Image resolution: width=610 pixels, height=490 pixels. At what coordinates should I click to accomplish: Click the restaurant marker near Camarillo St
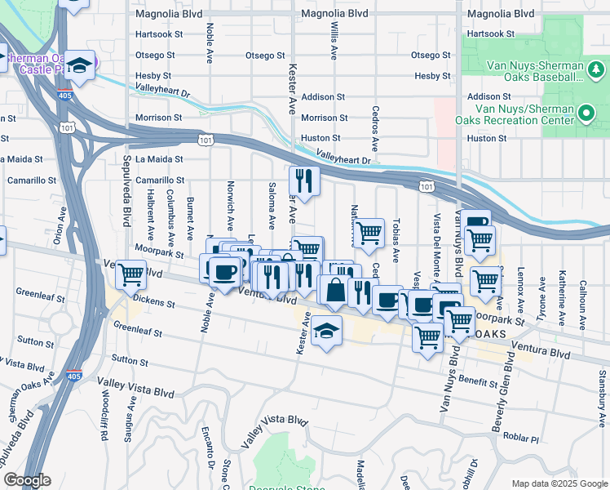click(303, 182)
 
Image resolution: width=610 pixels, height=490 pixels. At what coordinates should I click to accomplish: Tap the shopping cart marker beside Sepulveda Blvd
click(130, 275)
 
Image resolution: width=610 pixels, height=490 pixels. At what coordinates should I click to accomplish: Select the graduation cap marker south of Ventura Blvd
click(326, 331)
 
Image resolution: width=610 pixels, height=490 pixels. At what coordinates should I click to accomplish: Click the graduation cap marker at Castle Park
click(81, 65)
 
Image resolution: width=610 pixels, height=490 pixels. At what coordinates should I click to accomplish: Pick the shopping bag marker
click(335, 288)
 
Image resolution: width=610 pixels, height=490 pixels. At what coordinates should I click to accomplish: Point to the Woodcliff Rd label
click(104, 419)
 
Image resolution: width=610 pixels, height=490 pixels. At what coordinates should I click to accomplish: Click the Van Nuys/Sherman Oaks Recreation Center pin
click(586, 112)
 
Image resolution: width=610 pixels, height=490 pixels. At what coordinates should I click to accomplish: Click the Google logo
click(28, 480)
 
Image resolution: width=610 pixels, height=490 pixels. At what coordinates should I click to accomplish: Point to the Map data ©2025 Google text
click(559, 483)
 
